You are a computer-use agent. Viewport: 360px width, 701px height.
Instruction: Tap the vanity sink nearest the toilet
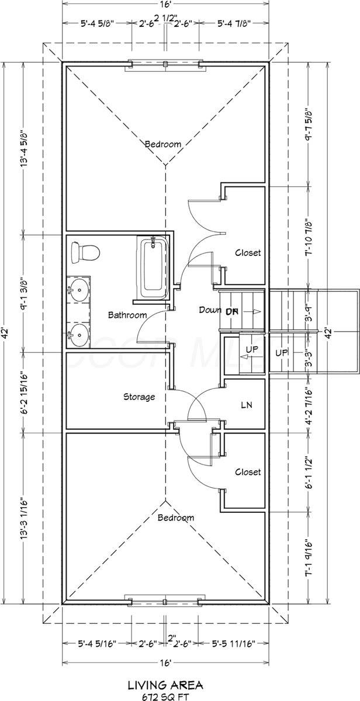pyautogui.click(x=78, y=289)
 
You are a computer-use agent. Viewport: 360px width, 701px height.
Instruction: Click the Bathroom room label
pyautogui.click(x=127, y=315)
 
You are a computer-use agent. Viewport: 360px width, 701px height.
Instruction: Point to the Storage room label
pyautogui.click(x=139, y=397)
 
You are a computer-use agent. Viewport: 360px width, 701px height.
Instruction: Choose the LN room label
pyautogui.click(x=245, y=404)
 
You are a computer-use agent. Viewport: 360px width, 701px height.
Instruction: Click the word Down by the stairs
pyautogui.click(x=209, y=310)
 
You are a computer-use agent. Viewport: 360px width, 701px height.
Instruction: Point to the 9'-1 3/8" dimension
pyautogui.click(x=23, y=293)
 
